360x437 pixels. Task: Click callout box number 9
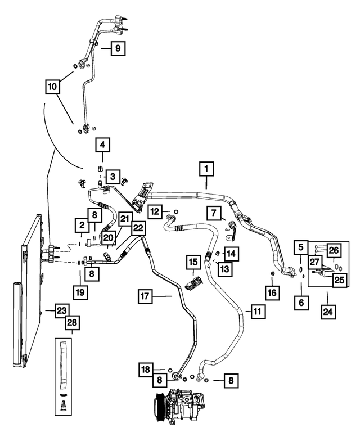pos(118,48)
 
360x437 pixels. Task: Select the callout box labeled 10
pos(52,87)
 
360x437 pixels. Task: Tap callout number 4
pos(102,145)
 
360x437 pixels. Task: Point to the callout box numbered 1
pos(206,169)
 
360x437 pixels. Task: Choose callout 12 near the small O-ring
pos(155,212)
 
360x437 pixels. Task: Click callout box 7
pos(214,214)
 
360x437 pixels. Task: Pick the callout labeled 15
pos(193,262)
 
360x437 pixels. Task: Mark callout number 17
pos(145,296)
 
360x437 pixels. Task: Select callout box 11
pos(258,312)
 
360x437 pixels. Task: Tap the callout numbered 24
pos(328,312)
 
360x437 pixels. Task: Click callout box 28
pos(72,323)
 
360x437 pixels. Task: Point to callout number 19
pos(80,292)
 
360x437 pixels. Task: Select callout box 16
pos(272,293)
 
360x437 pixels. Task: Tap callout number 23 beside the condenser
pos(61,311)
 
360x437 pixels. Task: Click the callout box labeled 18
pos(146,370)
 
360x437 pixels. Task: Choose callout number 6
pos(301,303)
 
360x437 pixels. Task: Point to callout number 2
pos(82,225)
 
